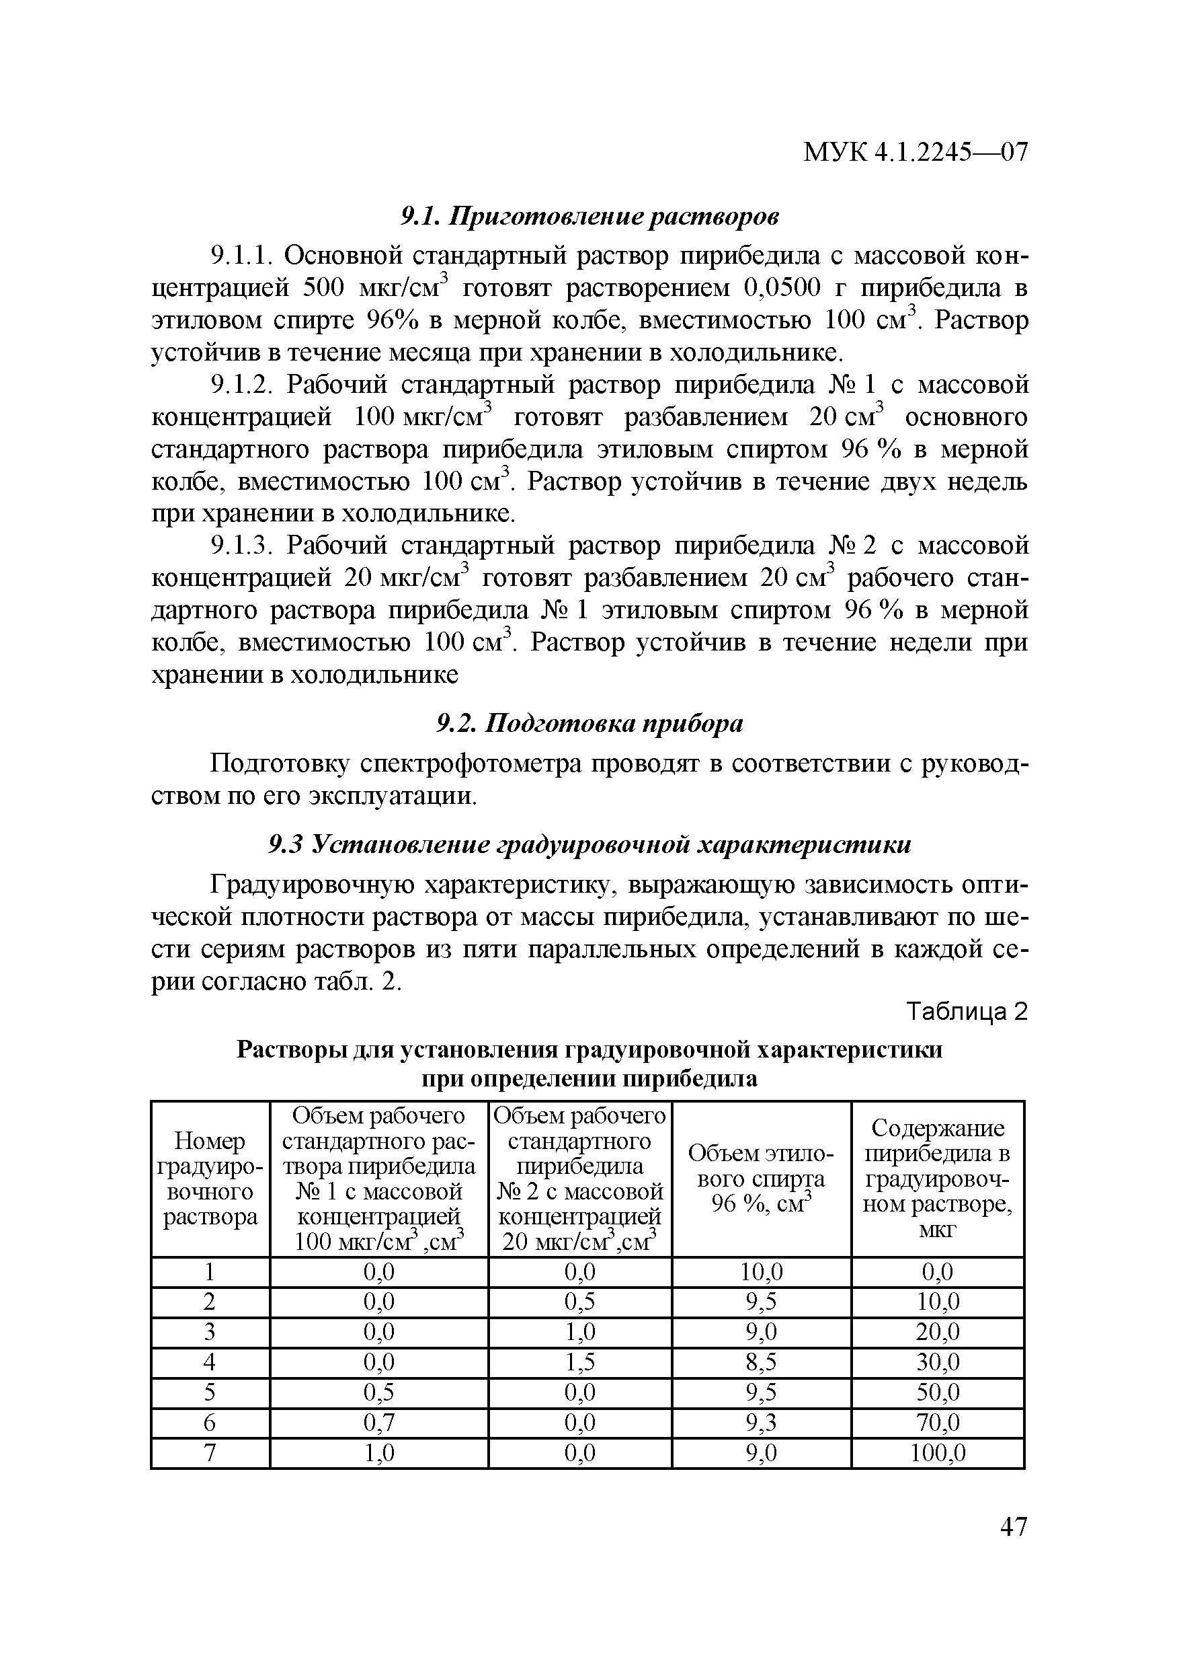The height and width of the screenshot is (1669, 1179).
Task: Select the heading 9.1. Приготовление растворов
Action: (590, 216)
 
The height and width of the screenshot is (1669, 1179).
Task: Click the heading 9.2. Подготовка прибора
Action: (590, 724)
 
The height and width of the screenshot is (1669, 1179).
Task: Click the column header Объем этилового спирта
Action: (762, 1179)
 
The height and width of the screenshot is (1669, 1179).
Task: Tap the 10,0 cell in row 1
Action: (762, 1271)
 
